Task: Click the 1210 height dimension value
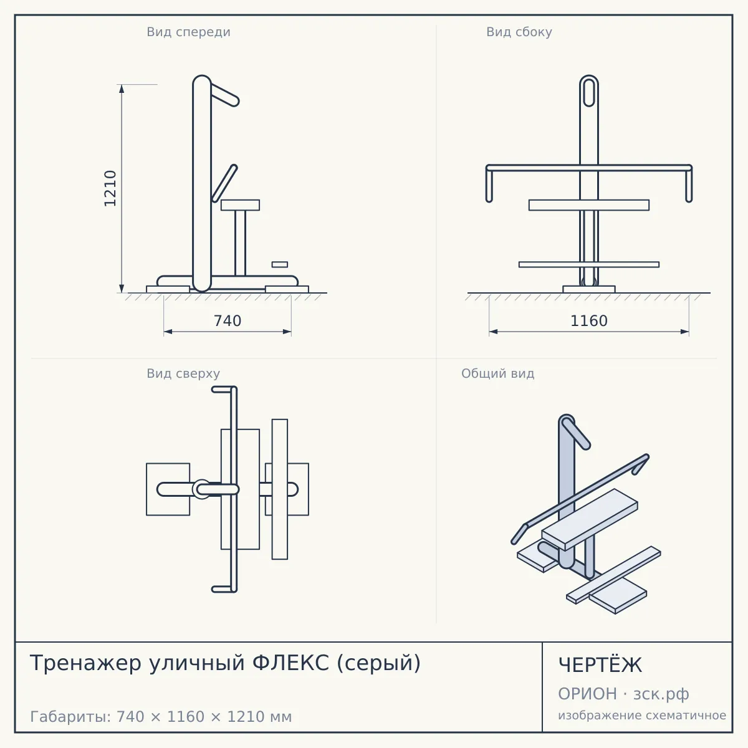click(x=110, y=189)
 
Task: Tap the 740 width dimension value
click(x=228, y=321)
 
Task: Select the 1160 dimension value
click(x=589, y=321)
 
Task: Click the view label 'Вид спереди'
click(x=189, y=32)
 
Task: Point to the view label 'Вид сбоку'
click(x=519, y=32)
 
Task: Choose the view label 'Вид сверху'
click(x=183, y=373)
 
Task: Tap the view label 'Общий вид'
click(x=497, y=373)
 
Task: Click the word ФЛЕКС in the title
click(x=290, y=663)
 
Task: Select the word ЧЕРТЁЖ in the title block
click(x=600, y=664)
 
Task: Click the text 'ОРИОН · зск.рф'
click(x=623, y=694)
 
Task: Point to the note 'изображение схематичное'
click(x=642, y=715)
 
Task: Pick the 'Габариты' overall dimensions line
click(x=161, y=717)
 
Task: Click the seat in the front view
click(x=240, y=205)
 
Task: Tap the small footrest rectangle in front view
click(x=279, y=264)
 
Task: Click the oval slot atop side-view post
click(x=589, y=92)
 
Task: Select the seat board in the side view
click(x=589, y=205)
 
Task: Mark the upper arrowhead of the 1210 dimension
click(x=122, y=89)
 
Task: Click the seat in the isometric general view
click(x=590, y=519)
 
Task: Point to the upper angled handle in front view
click(x=224, y=94)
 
